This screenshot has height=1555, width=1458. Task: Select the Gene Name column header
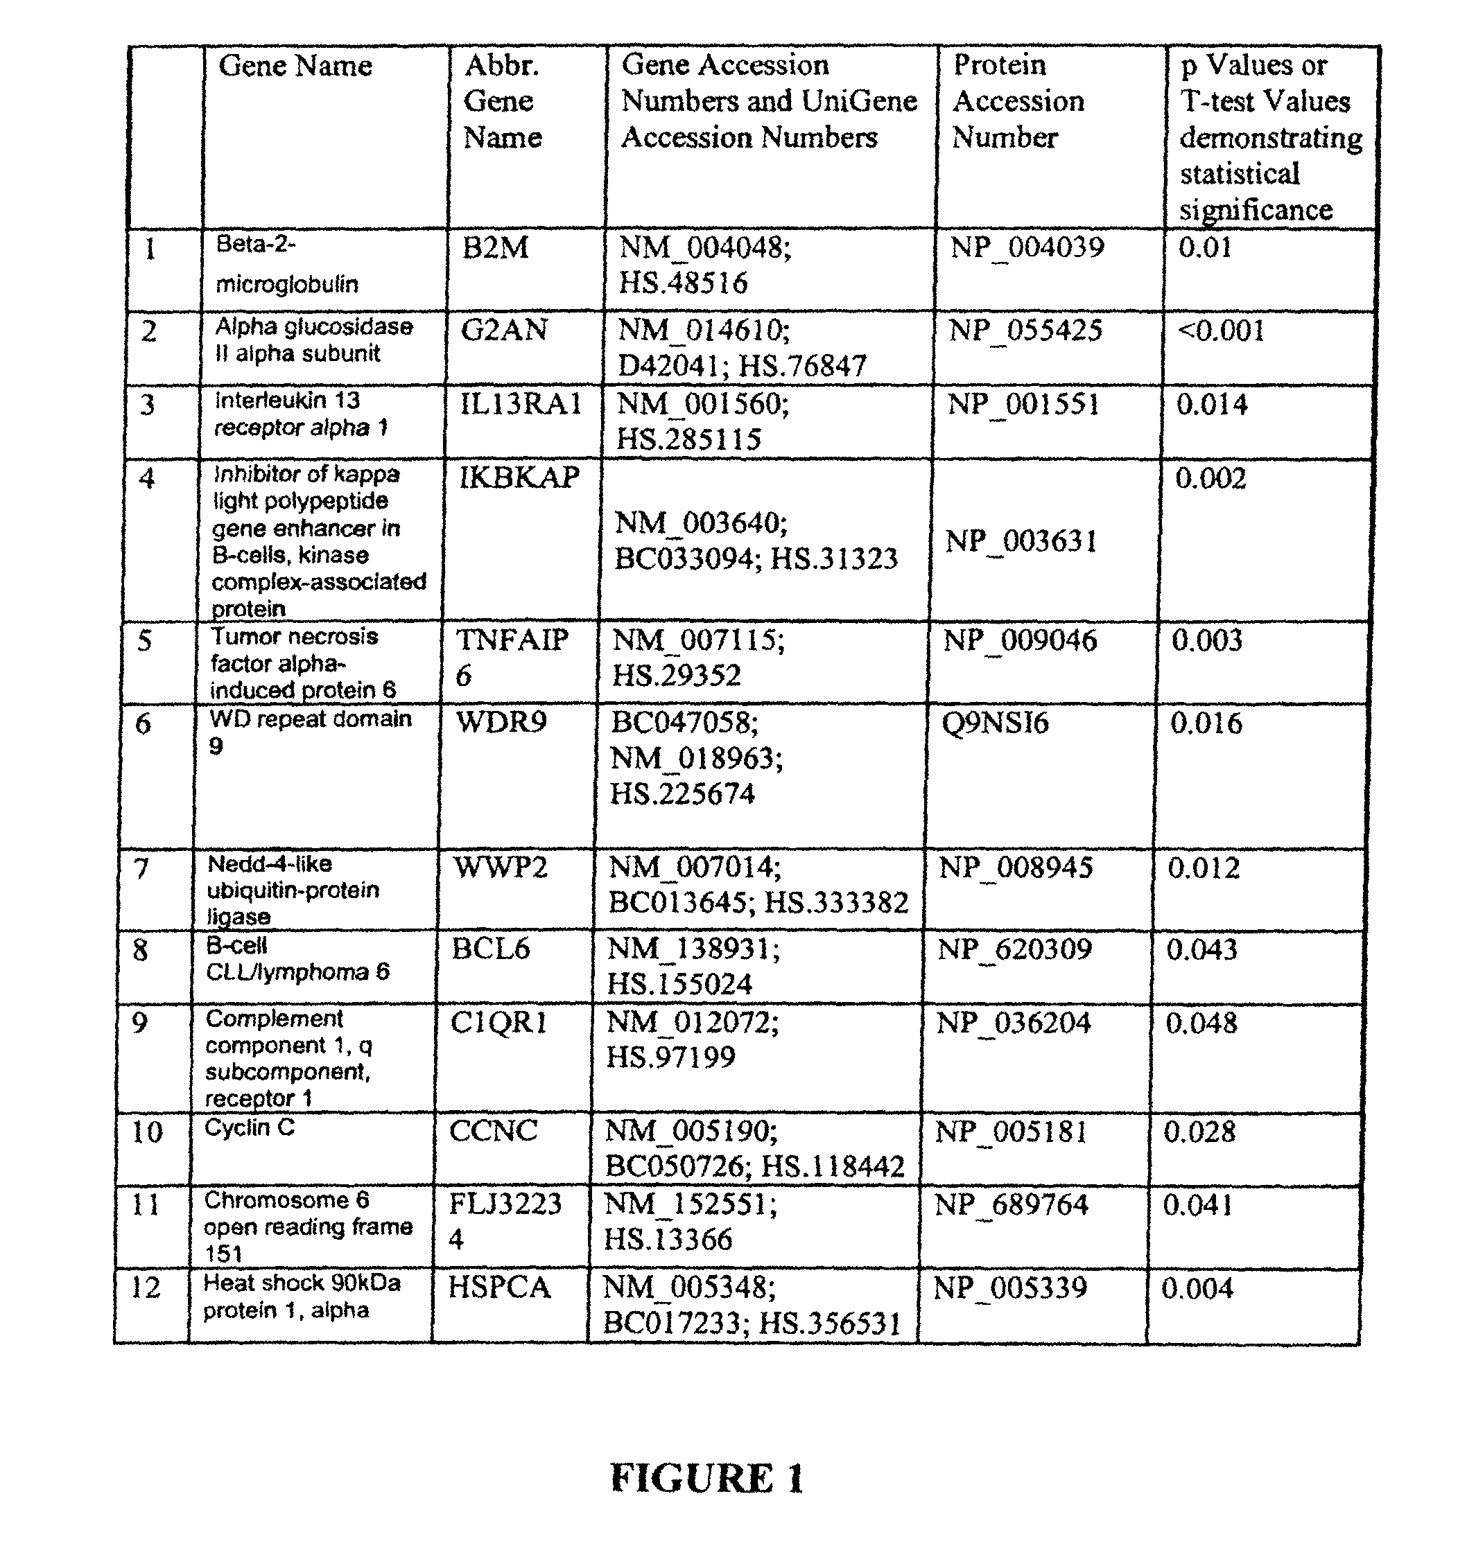295,66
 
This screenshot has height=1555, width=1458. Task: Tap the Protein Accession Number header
1017,101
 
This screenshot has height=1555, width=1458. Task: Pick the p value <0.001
1221,330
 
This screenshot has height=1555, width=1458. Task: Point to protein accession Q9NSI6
996,723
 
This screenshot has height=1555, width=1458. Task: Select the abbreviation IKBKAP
519,477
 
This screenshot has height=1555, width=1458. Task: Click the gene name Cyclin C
250,1127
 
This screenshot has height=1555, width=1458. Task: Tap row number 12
145,1287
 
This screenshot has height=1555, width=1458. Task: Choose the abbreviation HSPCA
499,1287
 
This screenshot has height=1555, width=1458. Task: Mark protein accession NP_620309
1014,949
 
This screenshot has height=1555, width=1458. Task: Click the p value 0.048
1201,1023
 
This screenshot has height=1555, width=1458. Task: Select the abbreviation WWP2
500,868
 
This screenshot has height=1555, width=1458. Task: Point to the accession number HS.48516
683,283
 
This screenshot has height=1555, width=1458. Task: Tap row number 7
141,868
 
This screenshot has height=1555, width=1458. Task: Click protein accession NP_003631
1021,541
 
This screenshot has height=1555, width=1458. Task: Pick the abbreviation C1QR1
498,1023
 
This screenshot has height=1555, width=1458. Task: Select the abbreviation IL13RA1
521,405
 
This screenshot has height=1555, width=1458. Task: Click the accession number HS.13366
668,1240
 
